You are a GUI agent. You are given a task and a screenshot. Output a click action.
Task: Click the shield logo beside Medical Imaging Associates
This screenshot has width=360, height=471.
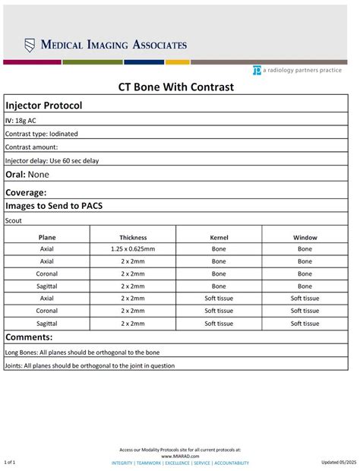[30, 45]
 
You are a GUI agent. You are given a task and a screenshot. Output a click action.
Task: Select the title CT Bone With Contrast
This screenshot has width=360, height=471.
[175, 87]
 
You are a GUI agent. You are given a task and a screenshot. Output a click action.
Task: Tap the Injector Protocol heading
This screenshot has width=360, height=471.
[44, 106]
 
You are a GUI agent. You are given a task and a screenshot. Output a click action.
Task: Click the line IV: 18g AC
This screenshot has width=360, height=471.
[21, 120]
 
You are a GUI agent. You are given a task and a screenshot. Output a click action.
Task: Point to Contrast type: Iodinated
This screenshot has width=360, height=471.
[42, 134]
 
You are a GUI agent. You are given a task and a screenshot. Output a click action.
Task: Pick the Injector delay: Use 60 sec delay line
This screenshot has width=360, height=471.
[52, 160]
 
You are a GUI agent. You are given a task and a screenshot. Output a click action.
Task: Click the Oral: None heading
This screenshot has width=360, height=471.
[27, 175]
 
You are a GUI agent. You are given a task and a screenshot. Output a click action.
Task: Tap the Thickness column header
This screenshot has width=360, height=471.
[133, 238]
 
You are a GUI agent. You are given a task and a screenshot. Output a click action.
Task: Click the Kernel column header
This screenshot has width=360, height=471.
[219, 238]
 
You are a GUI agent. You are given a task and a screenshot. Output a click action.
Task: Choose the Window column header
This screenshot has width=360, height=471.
[305, 238]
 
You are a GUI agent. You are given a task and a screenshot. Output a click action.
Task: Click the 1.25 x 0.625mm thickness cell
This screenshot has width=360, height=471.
[133, 249]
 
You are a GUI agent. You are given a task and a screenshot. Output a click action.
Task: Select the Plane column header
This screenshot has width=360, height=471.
[47, 238]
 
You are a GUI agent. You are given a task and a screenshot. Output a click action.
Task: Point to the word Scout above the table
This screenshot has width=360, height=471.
[14, 220]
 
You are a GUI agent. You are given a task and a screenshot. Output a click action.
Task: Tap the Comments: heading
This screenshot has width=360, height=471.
[29, 337]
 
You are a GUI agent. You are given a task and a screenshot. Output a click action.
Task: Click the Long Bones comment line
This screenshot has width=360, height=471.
[82, 352]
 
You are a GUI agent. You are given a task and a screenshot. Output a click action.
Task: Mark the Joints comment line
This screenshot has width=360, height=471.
[90, 365]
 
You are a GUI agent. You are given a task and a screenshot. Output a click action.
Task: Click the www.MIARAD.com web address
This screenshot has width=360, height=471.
[180, 456]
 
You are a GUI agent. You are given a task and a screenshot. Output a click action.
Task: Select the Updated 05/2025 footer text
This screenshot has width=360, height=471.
[338, 462]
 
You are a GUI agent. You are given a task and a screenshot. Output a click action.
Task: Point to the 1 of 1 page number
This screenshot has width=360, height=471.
[10, 462]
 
